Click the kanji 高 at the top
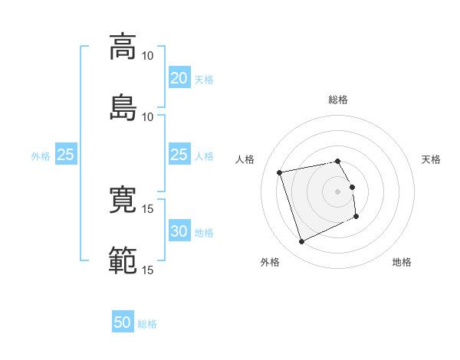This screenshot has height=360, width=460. tap(123, 47)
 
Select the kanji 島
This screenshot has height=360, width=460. tap(123, 107)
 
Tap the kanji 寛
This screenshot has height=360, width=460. tap(123, 199)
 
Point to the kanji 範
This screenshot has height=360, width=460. tap(123, 260)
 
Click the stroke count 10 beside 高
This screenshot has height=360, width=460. tap(147, 56)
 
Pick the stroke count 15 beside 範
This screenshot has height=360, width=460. tap(147, 270)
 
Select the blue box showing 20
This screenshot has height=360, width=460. tap(179, 77)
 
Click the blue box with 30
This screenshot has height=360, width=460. tap(179, 230)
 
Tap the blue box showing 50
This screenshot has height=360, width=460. tap(123, 321)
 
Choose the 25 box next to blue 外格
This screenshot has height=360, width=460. tap(66, 154)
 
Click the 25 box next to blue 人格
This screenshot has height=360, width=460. tap(179, 154)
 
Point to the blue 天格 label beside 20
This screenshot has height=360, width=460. tap(204, 80)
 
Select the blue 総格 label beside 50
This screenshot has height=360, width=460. tap(147, 324)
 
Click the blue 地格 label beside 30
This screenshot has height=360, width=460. tap(204, 233)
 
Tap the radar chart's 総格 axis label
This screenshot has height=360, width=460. tap(338, 100)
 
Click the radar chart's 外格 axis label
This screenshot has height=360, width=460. tap(270, 262)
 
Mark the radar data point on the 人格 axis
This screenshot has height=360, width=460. tap(279, 172)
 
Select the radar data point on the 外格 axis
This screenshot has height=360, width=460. tap(301, 241)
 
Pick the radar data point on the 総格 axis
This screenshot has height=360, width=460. tap(337, 162)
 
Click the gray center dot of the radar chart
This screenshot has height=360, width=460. tap(337, 191)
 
